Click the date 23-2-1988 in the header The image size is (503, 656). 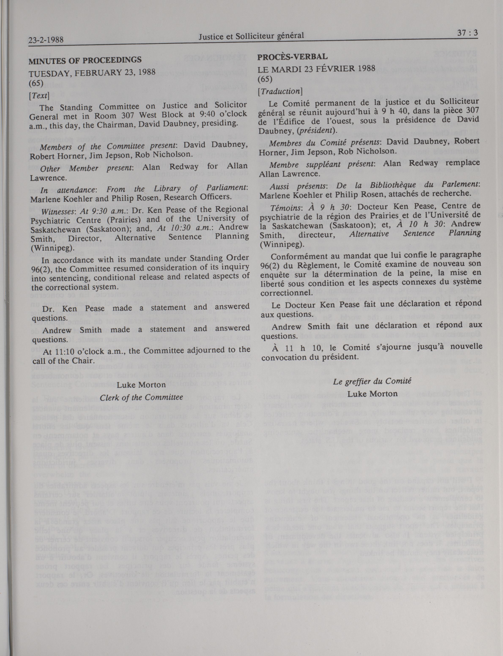(x=46, y=40)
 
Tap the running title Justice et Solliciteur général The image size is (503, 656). (x=251, y=36)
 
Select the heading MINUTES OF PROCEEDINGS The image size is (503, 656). (x=85, y=60)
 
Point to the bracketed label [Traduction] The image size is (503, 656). (x=280, y=91)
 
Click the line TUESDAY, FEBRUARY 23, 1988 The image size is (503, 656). (x=92, y=72)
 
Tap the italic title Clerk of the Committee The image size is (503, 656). (x=141, y=398)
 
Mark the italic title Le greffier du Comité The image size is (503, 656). (x=372, y=381)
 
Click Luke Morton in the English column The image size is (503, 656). (x=141, y=385)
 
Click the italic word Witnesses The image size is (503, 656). (x=56, y=212)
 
